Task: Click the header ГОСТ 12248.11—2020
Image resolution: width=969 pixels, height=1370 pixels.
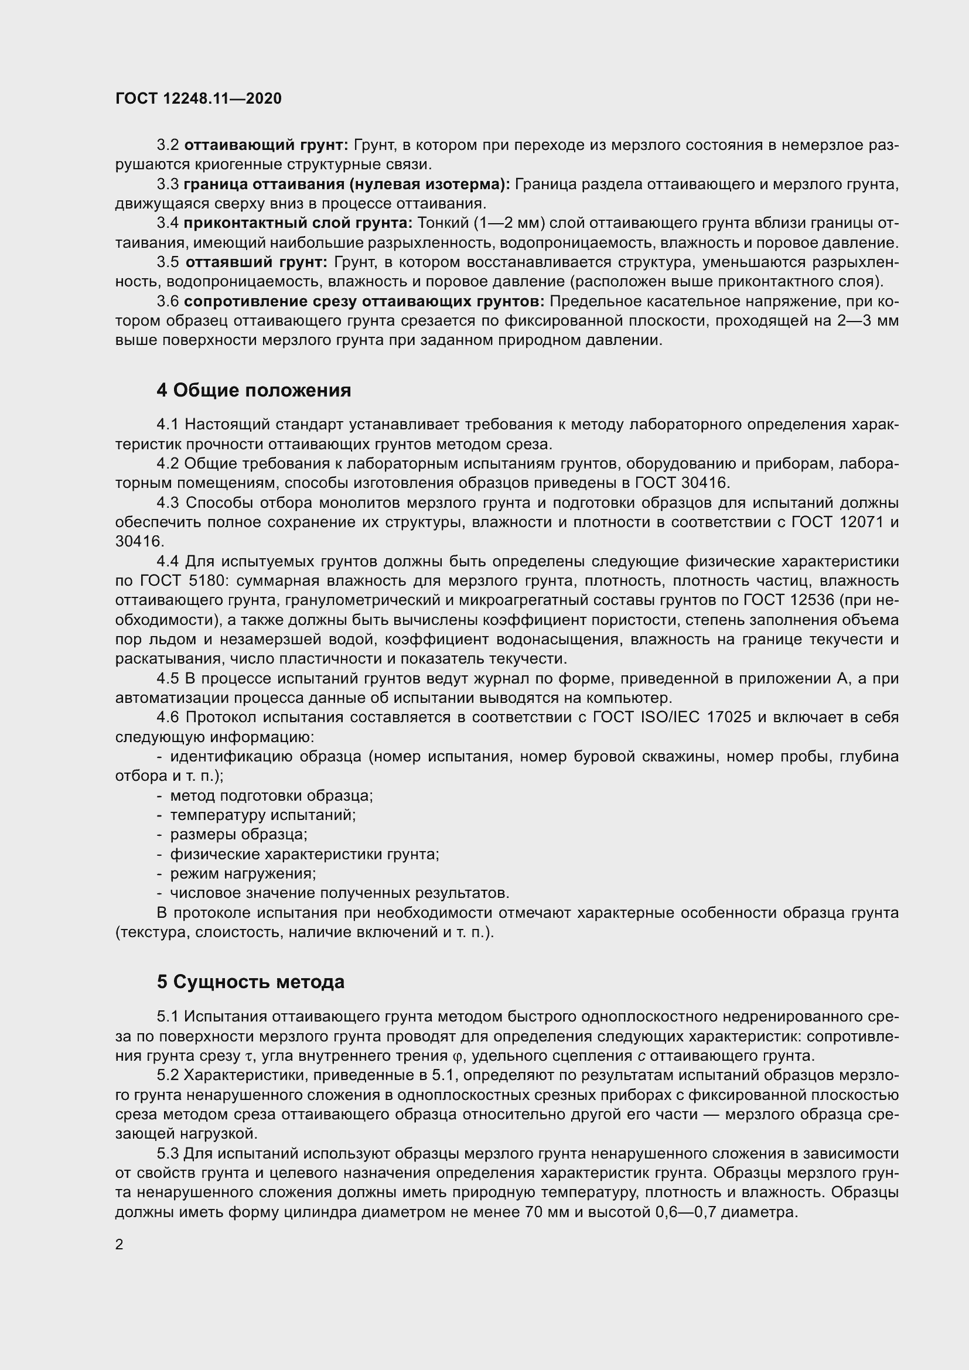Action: point(198,98)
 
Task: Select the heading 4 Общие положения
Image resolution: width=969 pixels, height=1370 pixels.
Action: point(254,390)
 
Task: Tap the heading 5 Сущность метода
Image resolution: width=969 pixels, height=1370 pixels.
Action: point(251,982)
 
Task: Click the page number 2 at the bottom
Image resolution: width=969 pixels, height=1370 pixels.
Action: point(120,1245)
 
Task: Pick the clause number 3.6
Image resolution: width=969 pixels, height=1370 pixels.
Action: point(168,301)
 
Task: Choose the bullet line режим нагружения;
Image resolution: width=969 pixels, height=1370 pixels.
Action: point(243,873)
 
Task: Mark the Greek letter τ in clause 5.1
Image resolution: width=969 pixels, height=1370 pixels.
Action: point(249,1056)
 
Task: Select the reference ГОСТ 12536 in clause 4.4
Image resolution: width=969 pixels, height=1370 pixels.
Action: point(788,600)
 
